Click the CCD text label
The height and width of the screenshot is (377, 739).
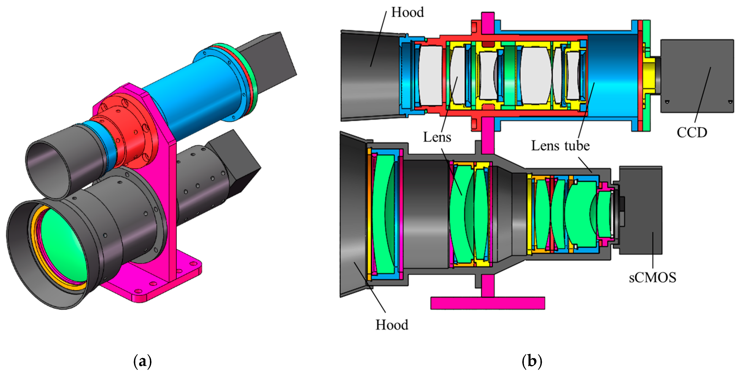coord(692,133)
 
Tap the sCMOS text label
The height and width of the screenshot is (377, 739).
coord(652,278)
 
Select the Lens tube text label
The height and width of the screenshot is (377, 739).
coord(560,146)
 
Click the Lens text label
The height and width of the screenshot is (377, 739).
coord(437,137)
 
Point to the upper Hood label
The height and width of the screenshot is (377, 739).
coord(407,12)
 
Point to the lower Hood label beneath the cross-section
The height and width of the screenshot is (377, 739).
coord(392,325)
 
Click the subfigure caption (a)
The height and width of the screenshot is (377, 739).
coord(142,361)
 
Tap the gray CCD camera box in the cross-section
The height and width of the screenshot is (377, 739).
coord(697,76)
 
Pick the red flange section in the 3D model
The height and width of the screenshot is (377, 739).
coord(126,132)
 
